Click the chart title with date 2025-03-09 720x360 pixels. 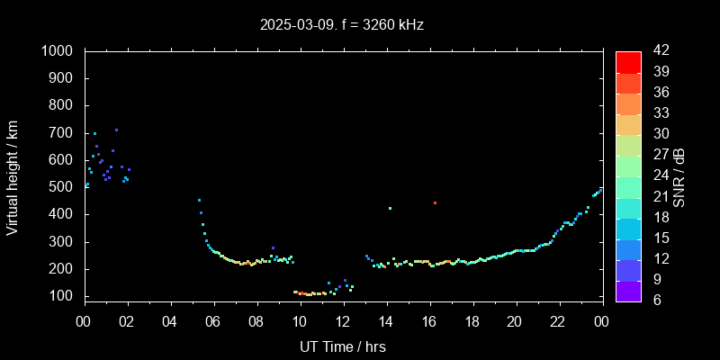341,24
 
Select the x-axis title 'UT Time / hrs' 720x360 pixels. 343,346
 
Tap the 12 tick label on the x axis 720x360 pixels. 343,321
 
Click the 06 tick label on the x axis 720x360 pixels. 213,321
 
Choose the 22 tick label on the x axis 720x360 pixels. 558,321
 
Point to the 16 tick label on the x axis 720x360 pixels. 429,321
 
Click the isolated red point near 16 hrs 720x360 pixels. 435,203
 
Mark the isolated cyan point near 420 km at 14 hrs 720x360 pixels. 390,209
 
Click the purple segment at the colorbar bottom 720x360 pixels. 628,291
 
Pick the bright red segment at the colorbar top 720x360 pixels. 628,61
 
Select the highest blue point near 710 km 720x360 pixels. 116,130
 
